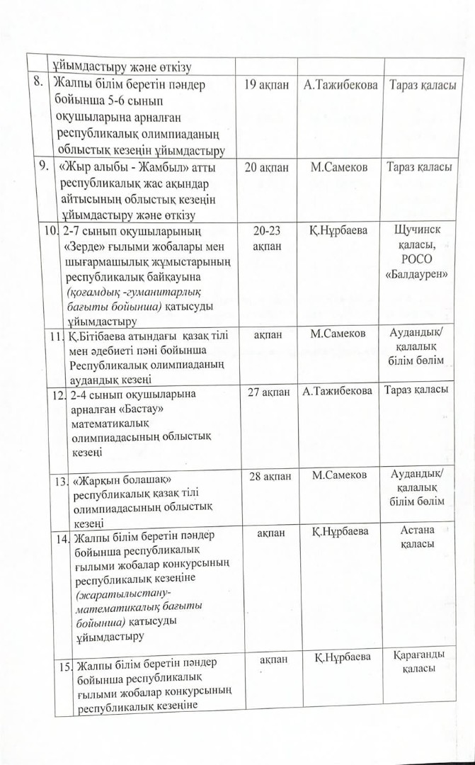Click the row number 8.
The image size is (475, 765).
click(40, 83)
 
